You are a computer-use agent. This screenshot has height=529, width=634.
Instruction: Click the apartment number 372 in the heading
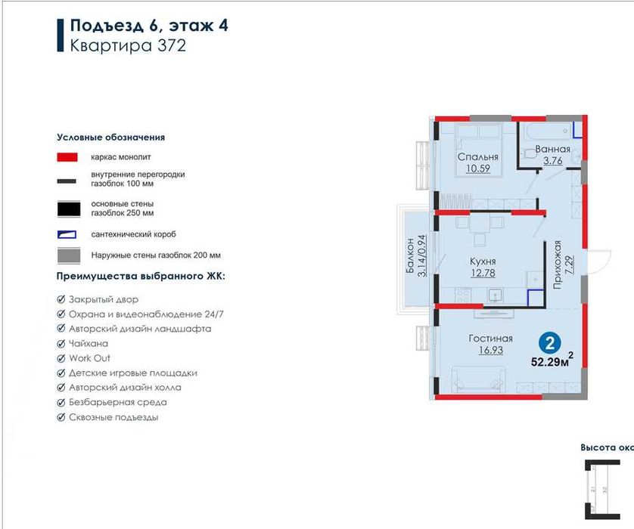(170, 45)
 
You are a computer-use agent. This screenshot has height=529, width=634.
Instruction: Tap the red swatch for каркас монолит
(68, 157)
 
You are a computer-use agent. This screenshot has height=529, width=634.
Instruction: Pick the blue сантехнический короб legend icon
(68, 234)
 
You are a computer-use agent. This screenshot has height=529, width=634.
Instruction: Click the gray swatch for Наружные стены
(68, 255)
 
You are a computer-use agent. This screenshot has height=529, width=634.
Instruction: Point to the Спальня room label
(477, 157)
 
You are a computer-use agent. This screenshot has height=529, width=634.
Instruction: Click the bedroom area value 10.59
(477, 169)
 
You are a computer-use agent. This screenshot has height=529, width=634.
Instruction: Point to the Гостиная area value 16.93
(490, 350)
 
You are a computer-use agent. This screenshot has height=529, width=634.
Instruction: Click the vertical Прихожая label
(558, 265)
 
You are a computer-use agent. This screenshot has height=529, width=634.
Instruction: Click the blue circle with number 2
(552, 342)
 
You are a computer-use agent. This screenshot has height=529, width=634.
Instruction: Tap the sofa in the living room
(479, 376)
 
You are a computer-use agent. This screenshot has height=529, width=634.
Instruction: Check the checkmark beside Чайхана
(61, 344)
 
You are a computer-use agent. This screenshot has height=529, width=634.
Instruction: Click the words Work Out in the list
(89, 358)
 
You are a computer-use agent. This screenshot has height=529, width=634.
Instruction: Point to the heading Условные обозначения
(110, 138)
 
